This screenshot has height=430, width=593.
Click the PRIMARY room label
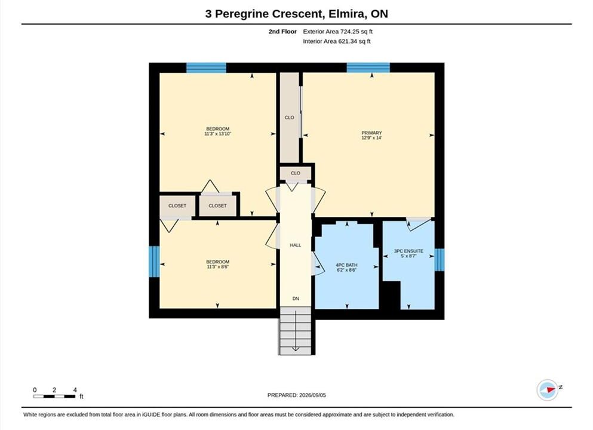[x=371, y=133]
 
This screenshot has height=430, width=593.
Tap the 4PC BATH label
[x=346, y=265]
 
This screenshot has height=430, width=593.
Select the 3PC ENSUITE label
[x=408, y=251]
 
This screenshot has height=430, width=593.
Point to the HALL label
[x=296, y=245]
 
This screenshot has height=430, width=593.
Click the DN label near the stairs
[x=296, y=299]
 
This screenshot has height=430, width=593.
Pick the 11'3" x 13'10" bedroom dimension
[x=217, y=134]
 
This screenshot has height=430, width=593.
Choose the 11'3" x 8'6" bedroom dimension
[x=217, y=266]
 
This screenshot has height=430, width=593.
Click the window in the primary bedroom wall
[x=368, y=67]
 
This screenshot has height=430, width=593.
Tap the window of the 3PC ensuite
[x=439, y=259]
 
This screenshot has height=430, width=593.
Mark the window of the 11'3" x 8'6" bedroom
[x=154, y=262]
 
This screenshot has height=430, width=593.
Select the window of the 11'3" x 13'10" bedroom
[x=206, y=67]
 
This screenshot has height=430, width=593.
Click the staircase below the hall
[x=296, y=331]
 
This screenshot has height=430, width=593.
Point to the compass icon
[x=548, y=389]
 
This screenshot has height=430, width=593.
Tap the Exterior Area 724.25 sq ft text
[x=338, y=32]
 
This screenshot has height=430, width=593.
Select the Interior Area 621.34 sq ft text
[x=337, y=41]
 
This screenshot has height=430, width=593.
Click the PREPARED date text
[x=296, y=395]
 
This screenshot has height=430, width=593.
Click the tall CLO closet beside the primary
[x=289, y=118]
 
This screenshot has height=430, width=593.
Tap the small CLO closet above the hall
[x=296, y=173]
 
